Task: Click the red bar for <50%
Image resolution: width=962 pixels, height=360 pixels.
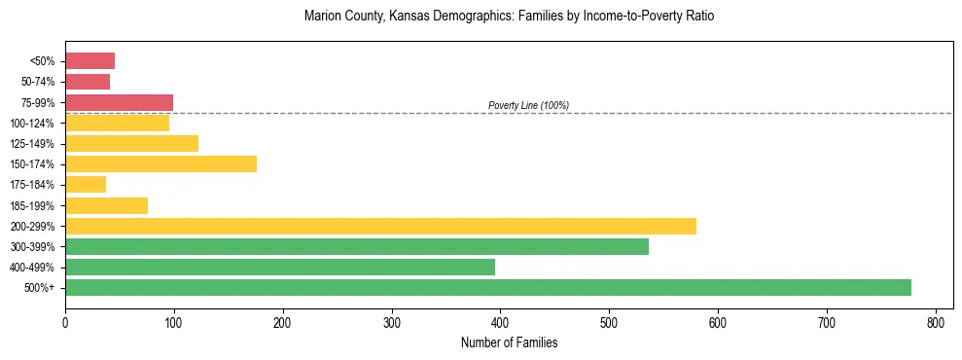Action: pos(89,61)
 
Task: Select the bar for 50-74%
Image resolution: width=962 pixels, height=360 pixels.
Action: pos(88,82)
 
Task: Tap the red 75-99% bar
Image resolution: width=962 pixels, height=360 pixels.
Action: pos(119,102)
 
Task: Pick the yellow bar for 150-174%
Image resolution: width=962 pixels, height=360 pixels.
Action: pos(160,163)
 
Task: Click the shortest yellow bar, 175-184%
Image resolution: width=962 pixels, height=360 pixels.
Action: pos(86,184)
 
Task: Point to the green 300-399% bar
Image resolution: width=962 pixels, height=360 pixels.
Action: pos(357,246)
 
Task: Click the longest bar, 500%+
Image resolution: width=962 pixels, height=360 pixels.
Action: pos(488,287)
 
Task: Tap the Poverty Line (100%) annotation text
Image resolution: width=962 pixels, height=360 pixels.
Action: pos(528,105)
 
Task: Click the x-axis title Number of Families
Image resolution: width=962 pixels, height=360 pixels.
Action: pos(509,342)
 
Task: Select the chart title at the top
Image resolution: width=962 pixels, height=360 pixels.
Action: pos(509,17)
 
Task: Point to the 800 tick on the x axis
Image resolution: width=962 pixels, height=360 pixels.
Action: pos(936,319)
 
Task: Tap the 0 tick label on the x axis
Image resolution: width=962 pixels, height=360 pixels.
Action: pos(65,319)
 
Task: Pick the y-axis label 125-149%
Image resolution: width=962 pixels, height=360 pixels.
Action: pos(32,144)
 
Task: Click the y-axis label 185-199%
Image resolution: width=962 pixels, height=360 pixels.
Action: pos(32,205)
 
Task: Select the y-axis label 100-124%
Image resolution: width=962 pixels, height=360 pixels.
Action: pos(32,124)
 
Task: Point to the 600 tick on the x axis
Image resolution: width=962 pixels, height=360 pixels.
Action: pos(718,319)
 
